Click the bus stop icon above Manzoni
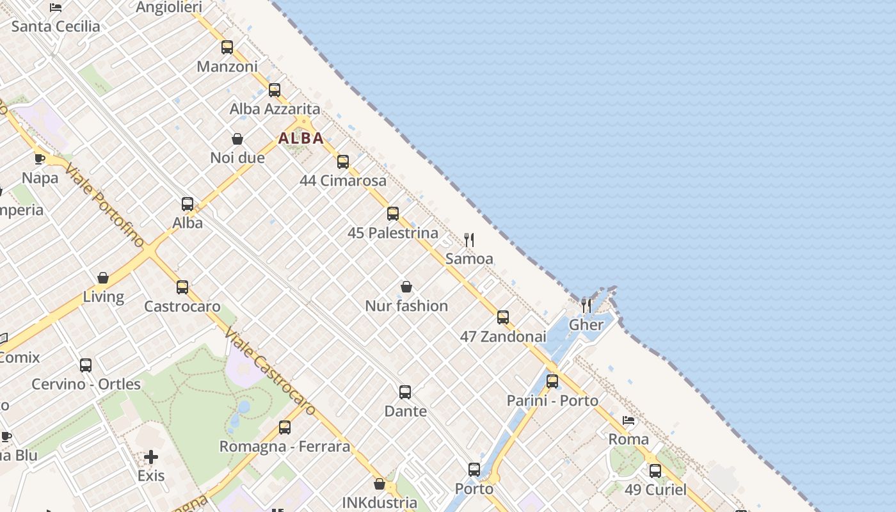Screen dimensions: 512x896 point(227,47)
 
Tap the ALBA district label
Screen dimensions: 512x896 point(301,138)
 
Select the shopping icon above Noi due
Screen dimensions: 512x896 point(237,139)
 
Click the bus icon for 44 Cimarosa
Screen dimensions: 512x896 point(343,161)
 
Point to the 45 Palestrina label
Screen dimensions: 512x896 point(393,233)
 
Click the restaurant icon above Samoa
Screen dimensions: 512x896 point(469,240)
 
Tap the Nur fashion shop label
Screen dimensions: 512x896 point(406,306)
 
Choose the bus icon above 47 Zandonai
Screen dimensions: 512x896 point(503,317)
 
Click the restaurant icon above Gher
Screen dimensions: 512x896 point(586,305)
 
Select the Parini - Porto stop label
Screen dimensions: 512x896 point(552,401)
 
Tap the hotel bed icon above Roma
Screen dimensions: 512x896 point(628,420)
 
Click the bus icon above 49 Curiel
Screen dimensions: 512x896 point(655,471)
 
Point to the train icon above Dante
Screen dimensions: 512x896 point(405,392)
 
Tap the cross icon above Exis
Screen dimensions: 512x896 point(151,457)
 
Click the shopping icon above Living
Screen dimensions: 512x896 point(103,278)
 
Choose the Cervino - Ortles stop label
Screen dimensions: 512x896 point(86,384)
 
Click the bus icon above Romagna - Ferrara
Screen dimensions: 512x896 point(285,427)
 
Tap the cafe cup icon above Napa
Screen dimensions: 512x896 point(40,159)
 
